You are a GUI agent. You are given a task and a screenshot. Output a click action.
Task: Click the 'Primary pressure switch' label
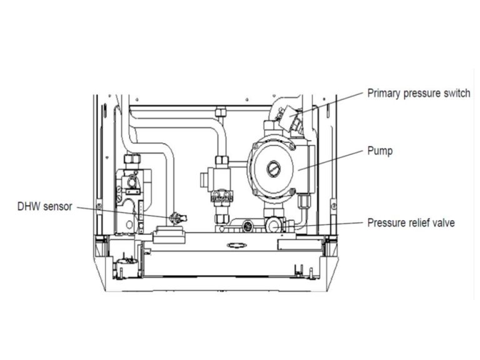tap(418, 93)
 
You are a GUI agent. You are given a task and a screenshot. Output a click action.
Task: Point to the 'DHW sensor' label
tap(44, 206)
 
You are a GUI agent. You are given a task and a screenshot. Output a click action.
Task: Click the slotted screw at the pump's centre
tap(274, 167)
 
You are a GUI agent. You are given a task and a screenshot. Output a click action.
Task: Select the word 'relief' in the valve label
tap(416, 222)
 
